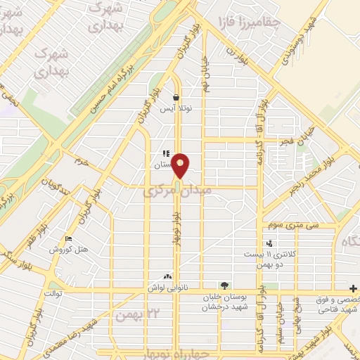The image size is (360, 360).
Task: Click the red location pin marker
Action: point(181,165)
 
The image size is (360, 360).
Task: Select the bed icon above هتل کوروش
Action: point(68,239)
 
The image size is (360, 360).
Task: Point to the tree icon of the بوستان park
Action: point(224,285)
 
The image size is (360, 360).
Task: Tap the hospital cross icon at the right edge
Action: point(353,289)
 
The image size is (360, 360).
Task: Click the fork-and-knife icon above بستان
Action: point(165,154)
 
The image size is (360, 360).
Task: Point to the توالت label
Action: point(53,292)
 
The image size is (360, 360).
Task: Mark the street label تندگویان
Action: point(57,185)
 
